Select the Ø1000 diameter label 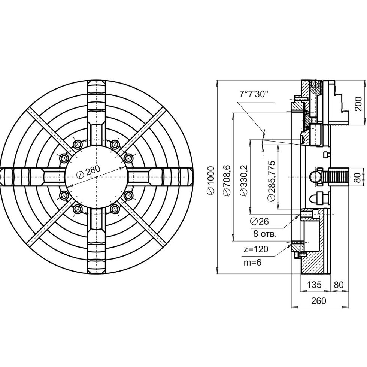pyautogui.click(x=210, y=180)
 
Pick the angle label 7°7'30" pyautogui.click(x=253, y=94)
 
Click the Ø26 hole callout pyautogui.click(x=259, y=221)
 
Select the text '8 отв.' pyautogui.click(x=265, y=234)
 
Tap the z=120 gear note pyautogui.click(x=255, y=249)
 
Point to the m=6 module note pyautogui.click(x=252, y=263)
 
